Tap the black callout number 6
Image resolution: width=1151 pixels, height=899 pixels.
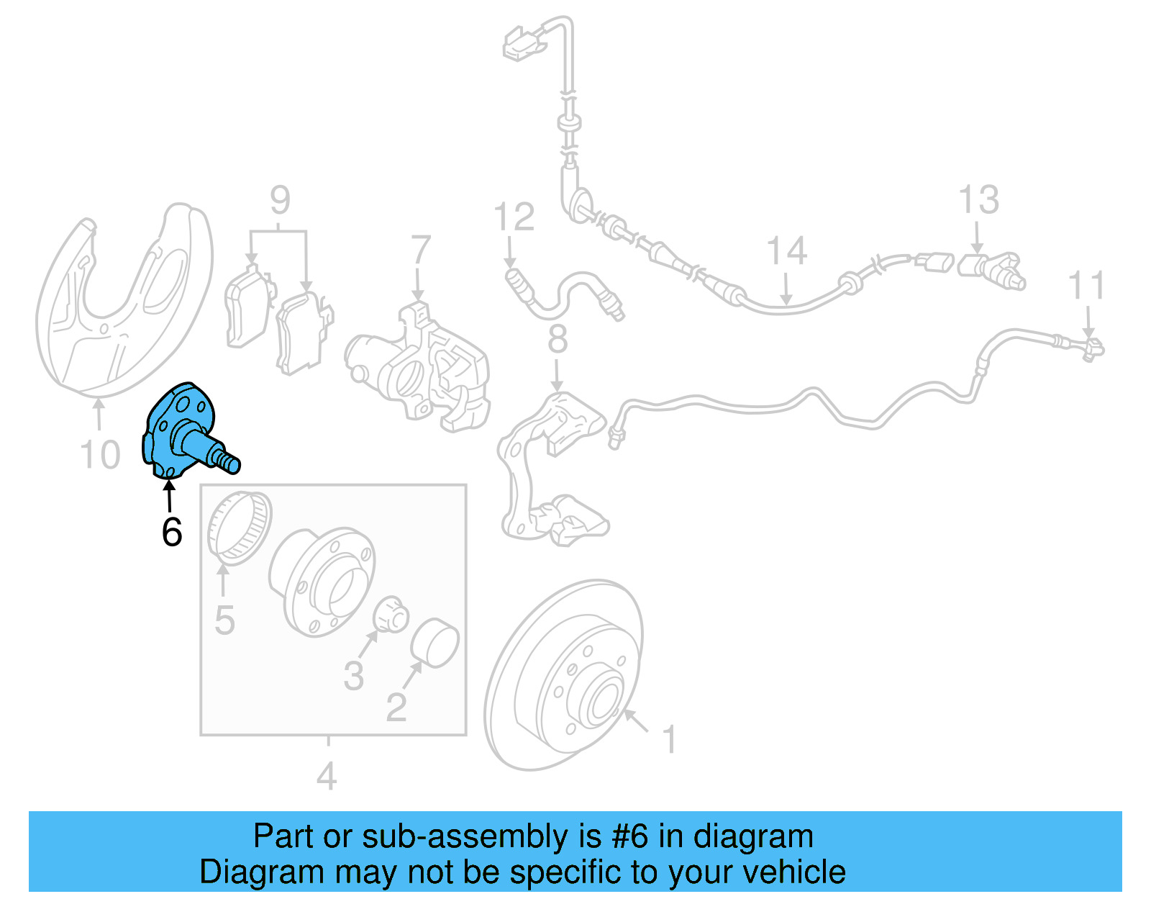click(x=171, y=533)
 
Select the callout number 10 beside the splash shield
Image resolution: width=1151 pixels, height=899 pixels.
click(x=99, y=455)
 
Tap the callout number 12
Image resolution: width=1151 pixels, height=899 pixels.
click(x=514, y=217)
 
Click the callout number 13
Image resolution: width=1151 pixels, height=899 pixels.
click(x=978, y=199)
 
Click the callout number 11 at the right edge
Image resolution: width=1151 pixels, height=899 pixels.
click(x=1086, y=286)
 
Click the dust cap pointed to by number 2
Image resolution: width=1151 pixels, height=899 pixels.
click(x=435, y=643)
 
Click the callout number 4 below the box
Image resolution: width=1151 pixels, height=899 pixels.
click(x=327, y=777)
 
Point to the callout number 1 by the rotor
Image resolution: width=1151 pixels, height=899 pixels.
click(x=669, y=740)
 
